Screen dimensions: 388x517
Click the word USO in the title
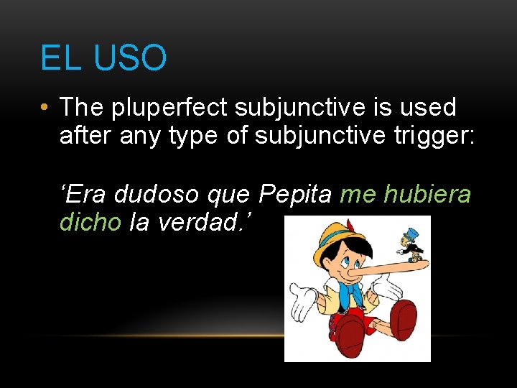(130, 58)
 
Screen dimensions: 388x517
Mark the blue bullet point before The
(45, 108)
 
